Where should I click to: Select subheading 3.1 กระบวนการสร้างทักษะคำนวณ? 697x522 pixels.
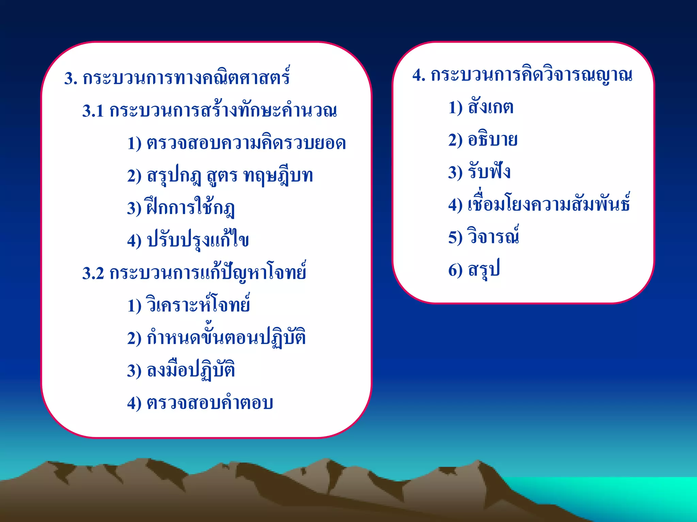pos(209,111)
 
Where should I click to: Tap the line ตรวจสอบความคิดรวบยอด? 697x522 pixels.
pos(246,143)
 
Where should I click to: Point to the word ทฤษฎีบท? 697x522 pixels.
pos(278,176)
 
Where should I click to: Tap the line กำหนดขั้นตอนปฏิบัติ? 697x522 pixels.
pos(226,337)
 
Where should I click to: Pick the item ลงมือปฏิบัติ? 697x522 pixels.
pos(191,370)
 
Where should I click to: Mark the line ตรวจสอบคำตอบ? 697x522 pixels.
pos(210,403)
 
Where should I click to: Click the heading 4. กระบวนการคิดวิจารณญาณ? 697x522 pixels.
pos(522,75)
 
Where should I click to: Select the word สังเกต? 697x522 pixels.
pos(490,107)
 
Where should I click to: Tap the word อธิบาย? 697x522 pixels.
pos(492,140)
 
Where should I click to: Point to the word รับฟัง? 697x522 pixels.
pos(489,172)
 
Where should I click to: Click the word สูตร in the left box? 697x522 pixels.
pos(222,176)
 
